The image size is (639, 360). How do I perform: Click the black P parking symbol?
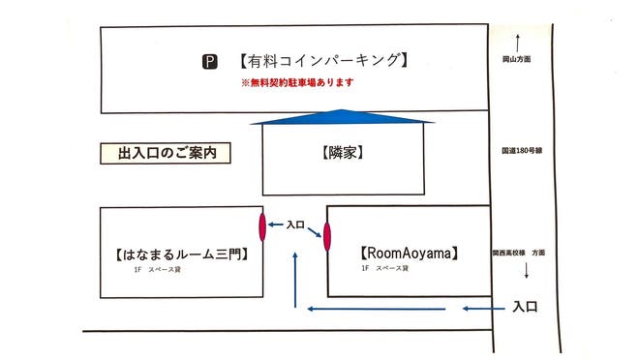pyautogui.click(x=209, y=62)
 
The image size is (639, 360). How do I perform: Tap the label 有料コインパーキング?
pyautogui.click(x=320, y=61)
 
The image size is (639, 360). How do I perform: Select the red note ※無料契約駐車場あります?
pyautogui.click(x=297, y=83)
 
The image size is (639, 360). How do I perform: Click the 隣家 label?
pyautogui.click(x=343, y=153)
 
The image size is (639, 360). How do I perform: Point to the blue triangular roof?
pyautogui.click(x=343, y=118)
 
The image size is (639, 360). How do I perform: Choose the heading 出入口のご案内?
pyautogui.click(x=165, y=153)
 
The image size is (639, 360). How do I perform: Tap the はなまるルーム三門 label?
pyautogui.click(x=182, y=255)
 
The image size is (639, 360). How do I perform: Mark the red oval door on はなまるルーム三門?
pyautogui.click(x=262, y=226)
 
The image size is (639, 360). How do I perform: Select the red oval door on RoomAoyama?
pyautogui.click(x=326, y=235)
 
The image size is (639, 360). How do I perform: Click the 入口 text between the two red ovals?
pyautogui.click(x=295, y=225)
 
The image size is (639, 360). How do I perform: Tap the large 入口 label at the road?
pyautogui.click(x=525, y=308)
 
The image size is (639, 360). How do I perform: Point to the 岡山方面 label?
pyautogui.click(x=517, y=60)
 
